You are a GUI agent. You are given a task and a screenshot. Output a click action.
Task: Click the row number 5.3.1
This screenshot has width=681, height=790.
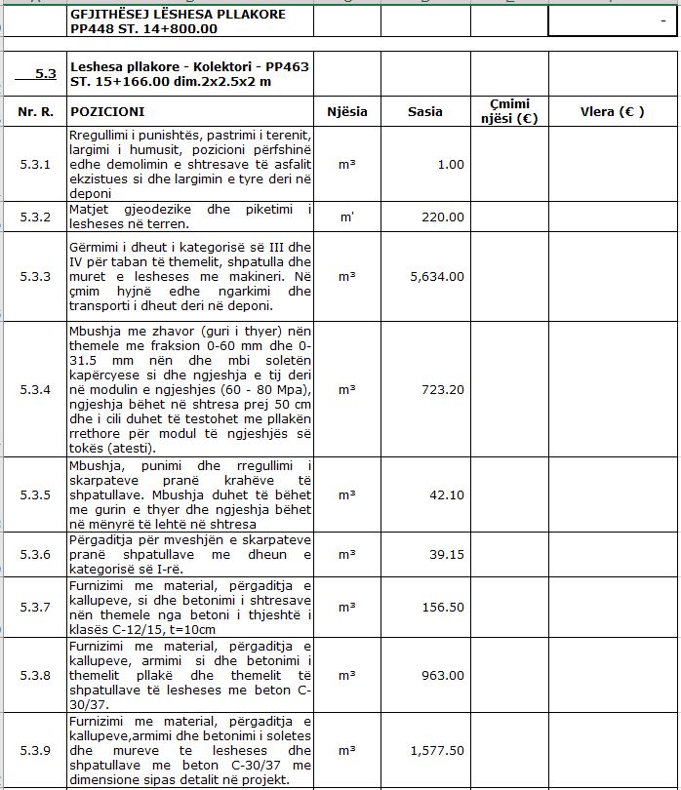[35, 165]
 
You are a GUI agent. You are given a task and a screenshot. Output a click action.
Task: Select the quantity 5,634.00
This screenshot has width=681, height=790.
[437, 277]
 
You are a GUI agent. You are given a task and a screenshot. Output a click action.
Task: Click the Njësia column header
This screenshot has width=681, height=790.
[347, 112]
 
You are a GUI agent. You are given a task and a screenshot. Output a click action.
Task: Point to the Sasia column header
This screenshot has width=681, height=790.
[425, 112]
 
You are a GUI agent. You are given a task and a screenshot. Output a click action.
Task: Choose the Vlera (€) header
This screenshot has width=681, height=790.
[612, 112]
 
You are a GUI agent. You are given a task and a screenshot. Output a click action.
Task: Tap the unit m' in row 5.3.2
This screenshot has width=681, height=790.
[347, 217]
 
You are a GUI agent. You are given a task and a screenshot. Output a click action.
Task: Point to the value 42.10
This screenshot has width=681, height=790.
[447, 495]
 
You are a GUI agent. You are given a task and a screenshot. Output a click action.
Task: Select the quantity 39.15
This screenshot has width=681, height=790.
[447, 555]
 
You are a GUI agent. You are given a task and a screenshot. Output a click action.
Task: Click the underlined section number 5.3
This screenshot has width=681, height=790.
[45, 73]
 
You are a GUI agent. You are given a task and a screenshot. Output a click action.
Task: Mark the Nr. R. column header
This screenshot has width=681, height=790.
[35, 112]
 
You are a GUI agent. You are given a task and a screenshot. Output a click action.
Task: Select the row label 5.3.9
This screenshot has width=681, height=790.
[35, 751]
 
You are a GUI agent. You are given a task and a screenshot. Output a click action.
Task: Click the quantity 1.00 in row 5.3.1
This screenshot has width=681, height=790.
[451, 165]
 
